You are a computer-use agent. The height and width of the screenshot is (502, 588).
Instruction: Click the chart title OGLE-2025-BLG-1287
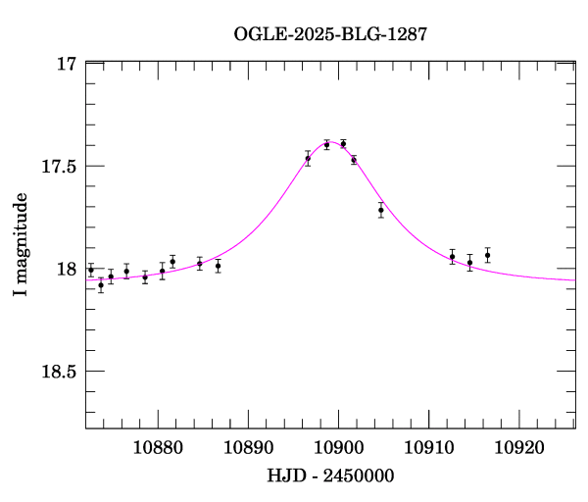pos(330,33)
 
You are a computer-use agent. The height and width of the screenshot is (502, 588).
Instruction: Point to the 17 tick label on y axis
pos(67,64)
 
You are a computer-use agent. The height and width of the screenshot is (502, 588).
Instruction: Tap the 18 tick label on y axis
pos(67,269)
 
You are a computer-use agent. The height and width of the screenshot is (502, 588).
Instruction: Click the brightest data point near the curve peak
pos(343,143)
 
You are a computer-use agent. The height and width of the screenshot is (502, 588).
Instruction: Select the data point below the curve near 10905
pos(380,210)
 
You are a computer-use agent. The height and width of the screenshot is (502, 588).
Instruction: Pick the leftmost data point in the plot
pos(91,270)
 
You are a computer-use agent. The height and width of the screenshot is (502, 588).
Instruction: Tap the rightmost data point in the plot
pos(487,255)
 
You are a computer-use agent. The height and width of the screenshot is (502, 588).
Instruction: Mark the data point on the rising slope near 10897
pos(308,158)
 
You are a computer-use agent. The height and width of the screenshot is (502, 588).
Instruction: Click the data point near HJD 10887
pos(218,266)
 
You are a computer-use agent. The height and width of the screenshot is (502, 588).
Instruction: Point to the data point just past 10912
pos(452,256)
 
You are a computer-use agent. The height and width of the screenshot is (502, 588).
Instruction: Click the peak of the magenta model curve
pos(333,142)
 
